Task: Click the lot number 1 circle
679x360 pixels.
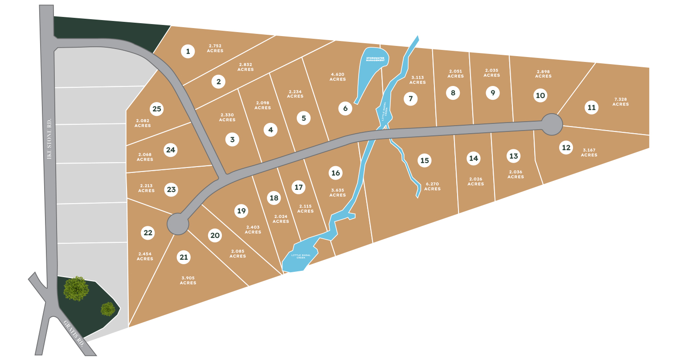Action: coord(188,51)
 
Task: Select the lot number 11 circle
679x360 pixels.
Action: coord(591,107)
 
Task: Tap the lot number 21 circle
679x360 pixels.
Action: coord(184,257)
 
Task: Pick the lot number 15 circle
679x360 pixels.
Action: coord(424,160)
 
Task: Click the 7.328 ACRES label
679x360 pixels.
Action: coord(620,102)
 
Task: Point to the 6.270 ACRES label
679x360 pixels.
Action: coord(432,186)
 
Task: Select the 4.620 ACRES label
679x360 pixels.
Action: coord(338,77)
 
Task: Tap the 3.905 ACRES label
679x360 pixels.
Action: coord(188,280)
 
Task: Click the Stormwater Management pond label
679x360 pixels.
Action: coord(375,59)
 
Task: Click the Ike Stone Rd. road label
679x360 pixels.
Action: coord(49,139)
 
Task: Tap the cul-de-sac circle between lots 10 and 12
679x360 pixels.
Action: coord(552,124)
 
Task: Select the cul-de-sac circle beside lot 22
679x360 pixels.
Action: coord(178,224)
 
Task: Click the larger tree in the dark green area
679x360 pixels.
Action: coord(76,288)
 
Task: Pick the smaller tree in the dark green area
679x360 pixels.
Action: coord(108,309)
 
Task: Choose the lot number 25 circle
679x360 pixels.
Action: coord(156,109)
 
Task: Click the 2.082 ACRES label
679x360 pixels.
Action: coord(143,123)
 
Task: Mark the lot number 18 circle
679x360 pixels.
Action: coord(274,198)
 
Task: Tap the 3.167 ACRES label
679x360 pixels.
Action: coord(589,152)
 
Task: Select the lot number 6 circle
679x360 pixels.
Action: coord(345,108)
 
